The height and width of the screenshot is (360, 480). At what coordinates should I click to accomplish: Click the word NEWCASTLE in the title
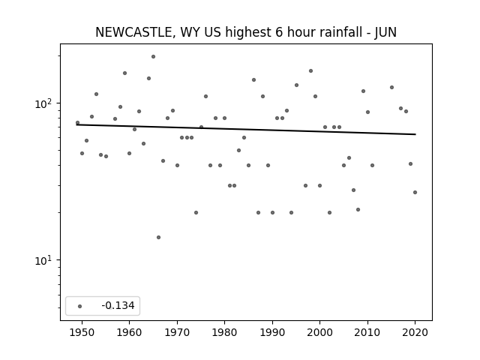point(134,32)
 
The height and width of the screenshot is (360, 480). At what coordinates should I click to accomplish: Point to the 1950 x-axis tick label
point(82,332)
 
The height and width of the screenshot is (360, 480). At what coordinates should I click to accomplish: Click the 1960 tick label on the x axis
point(129,332)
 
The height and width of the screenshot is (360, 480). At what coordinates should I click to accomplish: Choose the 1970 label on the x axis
point(177,332)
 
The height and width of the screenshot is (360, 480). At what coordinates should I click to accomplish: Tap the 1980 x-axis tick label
point(224,332)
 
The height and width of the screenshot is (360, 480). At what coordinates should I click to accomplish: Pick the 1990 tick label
point(272,332)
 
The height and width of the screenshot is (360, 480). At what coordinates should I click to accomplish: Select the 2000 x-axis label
point(319,332)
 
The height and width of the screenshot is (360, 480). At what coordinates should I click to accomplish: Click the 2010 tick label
point(367,332)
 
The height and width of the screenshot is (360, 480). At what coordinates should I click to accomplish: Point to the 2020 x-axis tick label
point(415,332)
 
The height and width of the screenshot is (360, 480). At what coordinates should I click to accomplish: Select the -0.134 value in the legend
point(118,305)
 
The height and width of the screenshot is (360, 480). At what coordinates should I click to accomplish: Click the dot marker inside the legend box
point(80,306)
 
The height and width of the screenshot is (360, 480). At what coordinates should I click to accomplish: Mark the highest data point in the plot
point(153,57)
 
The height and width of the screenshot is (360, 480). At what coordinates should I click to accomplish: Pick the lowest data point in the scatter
point(158,237)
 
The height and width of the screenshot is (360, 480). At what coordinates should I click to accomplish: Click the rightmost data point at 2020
point(415,192)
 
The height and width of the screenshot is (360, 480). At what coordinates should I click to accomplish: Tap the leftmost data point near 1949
point(77,123)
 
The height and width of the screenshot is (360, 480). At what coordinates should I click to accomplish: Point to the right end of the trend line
point(415,134)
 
